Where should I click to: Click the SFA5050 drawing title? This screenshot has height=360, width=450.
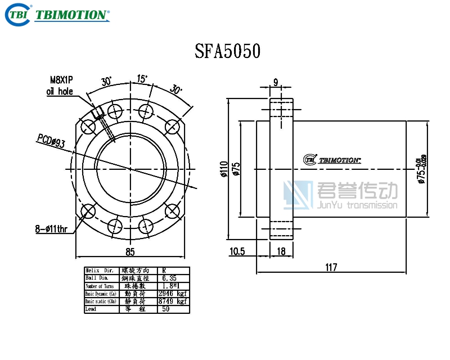pyautogui.click(x=227, y=51)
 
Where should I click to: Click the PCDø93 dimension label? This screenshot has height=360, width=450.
pyautogui.click(x=51, y=141)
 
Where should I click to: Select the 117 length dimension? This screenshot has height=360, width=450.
pyautogui.click(x=331, y=267)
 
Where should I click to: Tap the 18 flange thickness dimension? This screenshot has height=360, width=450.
pyautogui.click(x=281, y=251)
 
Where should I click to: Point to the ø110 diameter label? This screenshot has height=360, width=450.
pyautogui.click(x=224, y=169)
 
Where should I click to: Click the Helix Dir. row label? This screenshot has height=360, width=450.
pyautogui.click(x=99, y=271)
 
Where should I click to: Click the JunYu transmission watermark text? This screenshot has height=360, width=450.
pyautogui.click(x=357, y=205)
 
